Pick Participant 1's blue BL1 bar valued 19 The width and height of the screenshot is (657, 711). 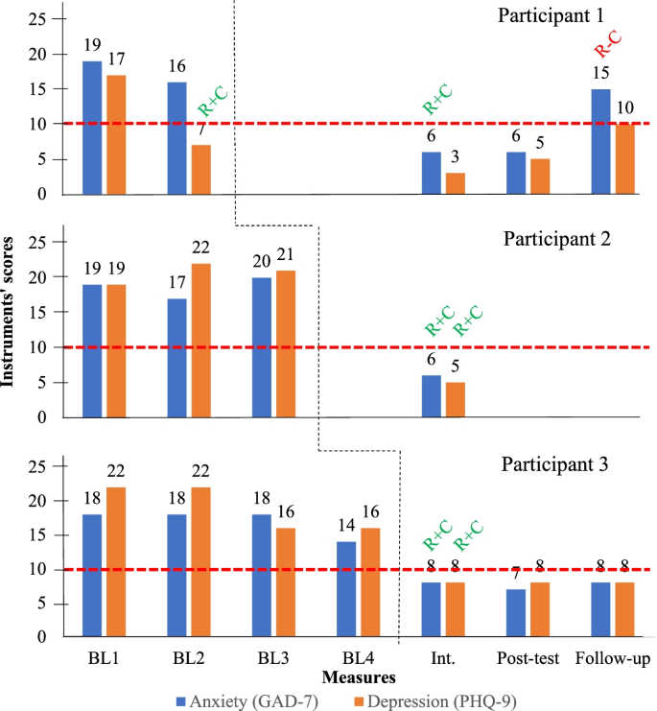(92, 128)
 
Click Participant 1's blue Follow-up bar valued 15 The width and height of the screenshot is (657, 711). (601, 141)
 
